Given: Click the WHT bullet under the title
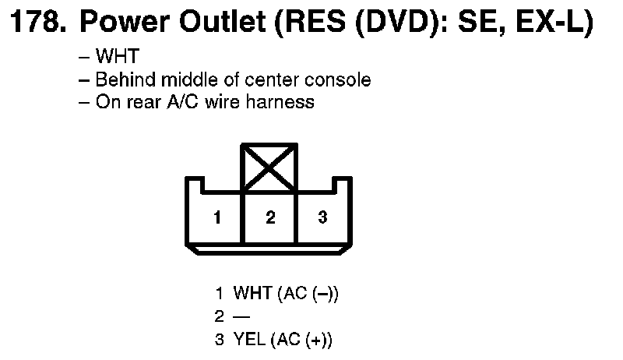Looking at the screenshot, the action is (118, 56).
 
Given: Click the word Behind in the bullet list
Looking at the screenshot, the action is (125, 79).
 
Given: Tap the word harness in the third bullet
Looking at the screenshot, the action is (280, 102).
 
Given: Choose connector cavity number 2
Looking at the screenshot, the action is (270, 217).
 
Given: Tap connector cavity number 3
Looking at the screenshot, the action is (322, 217).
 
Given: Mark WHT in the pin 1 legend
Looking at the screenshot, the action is (253, 293).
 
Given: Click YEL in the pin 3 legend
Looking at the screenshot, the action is (249, 340).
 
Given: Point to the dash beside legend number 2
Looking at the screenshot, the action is (241, 316).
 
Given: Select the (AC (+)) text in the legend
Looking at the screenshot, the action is (301, 341).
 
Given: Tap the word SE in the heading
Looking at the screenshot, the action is (483, 22).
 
